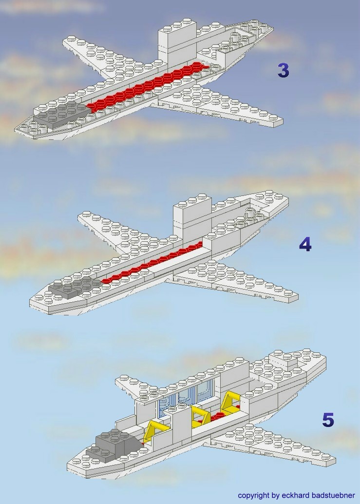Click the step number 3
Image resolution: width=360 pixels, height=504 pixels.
(x=283, y=71)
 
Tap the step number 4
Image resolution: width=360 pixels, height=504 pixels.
(x=305, y=244)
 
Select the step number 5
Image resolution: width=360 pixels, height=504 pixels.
(x=328, y=420)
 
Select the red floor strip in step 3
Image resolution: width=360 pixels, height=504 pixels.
(x=146, y=86)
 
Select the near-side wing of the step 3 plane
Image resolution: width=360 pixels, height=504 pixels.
(x=219, y=105)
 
